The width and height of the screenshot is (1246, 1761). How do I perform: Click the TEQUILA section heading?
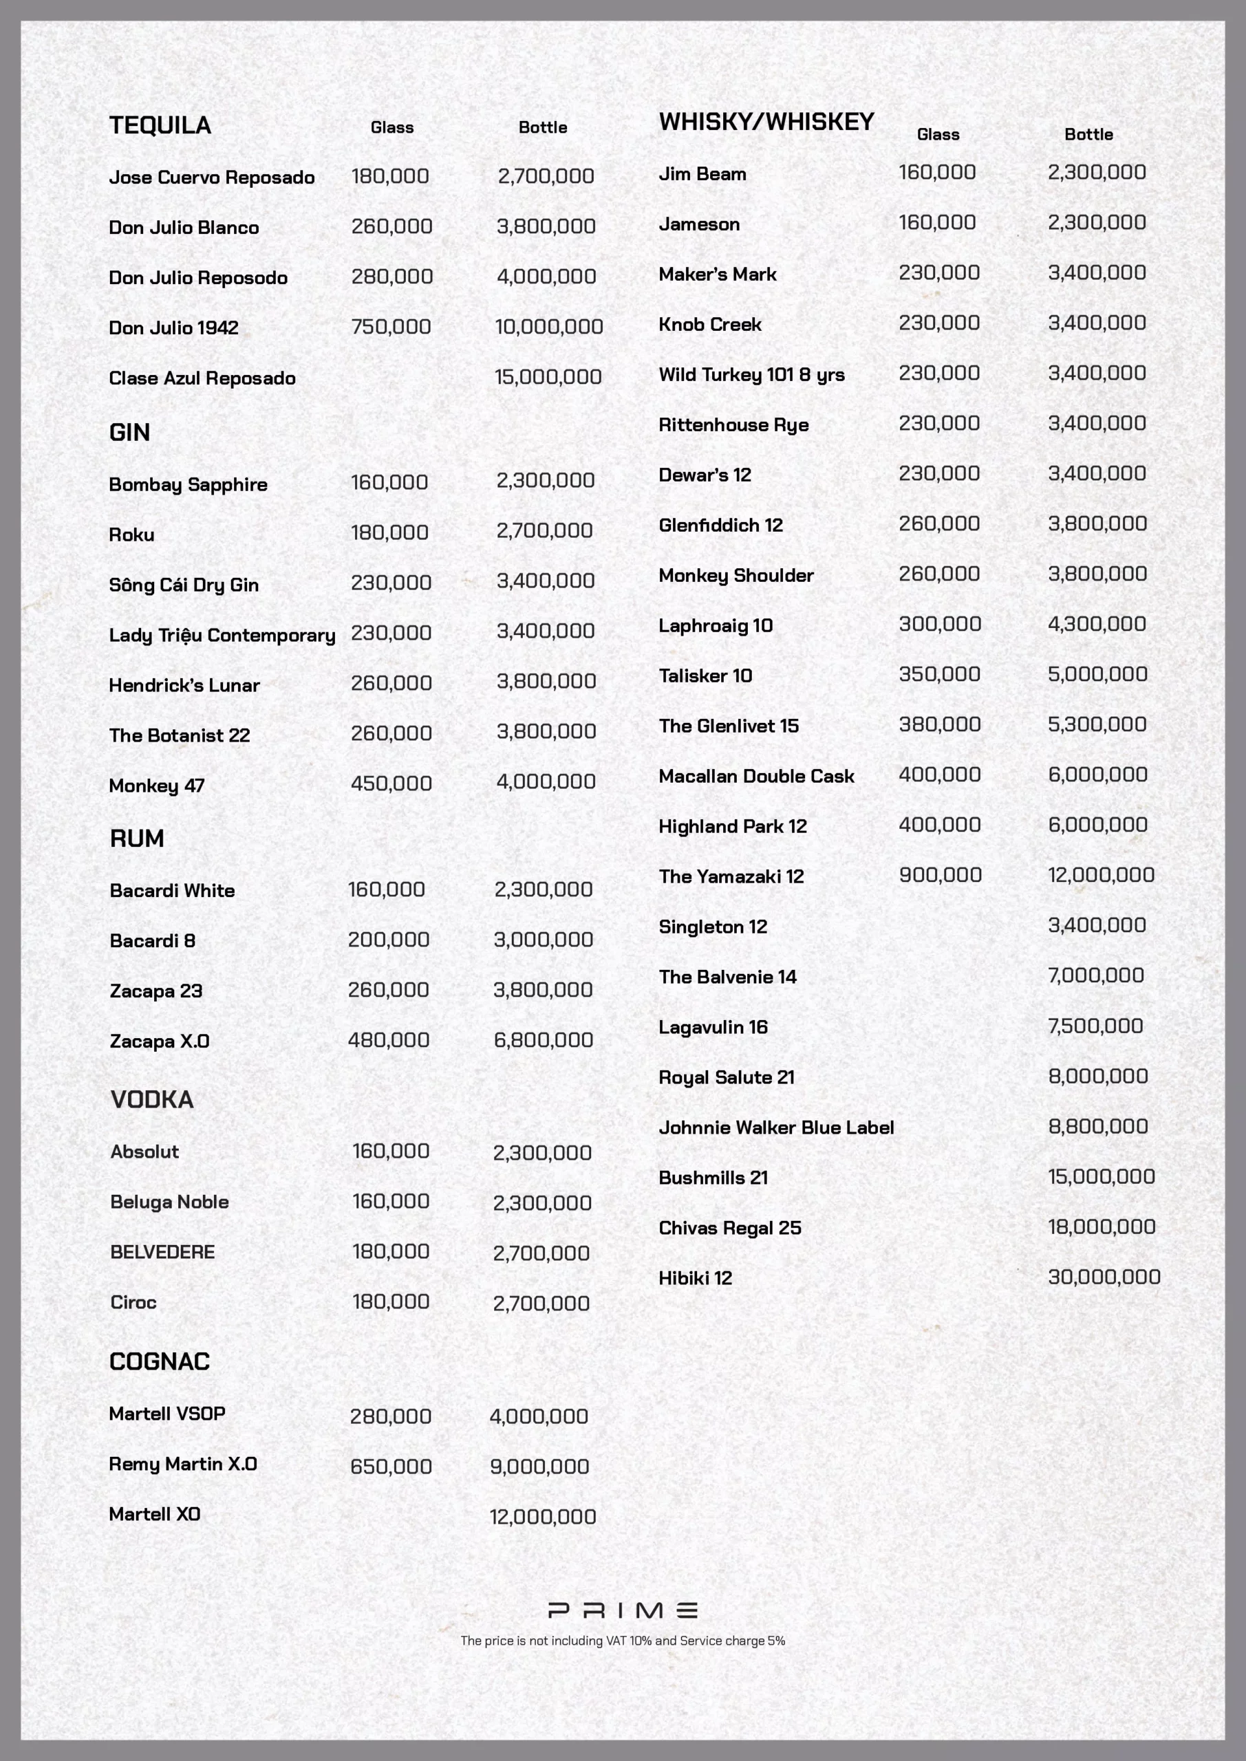160,125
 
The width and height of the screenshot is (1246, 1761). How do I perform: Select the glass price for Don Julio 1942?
391,327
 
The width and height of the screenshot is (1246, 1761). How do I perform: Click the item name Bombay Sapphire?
188,485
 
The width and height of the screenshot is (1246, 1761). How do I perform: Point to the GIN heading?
129,433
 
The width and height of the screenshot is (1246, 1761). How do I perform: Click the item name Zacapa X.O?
160,1041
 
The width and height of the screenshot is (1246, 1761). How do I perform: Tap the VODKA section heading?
152,1100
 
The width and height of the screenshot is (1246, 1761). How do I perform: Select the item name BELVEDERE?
162,1253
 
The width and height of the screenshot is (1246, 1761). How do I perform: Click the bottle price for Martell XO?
542,1517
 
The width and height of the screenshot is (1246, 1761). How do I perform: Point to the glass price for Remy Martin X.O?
391,1467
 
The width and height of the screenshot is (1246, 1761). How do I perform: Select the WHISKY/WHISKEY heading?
766,122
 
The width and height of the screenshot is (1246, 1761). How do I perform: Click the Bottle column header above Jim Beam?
1088,135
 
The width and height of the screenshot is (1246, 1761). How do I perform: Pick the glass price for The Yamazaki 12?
940,875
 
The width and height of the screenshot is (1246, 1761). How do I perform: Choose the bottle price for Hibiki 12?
1104,1277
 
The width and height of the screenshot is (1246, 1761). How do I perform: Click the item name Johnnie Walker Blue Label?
775,1127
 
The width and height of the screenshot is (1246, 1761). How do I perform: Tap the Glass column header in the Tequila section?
391,128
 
